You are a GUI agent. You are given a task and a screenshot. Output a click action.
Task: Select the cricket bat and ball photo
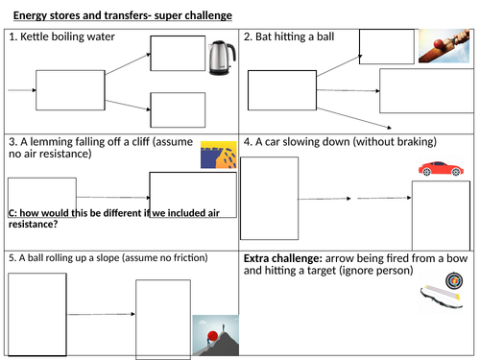[x=443, y=44]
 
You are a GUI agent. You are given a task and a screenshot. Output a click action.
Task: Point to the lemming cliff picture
[x=217, y=156]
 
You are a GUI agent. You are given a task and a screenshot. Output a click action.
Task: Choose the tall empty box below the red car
[x=440, y=215]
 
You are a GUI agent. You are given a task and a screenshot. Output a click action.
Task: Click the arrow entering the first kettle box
[x=20, y=90]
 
